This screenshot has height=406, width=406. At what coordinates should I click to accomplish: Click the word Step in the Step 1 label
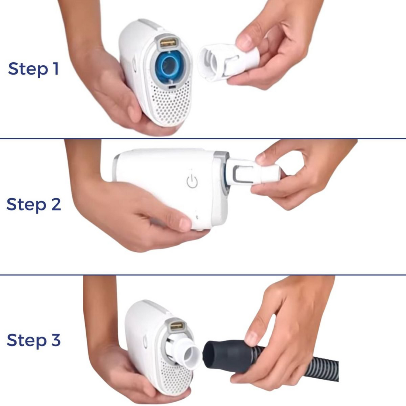pyautogui.click(x=28, y=69)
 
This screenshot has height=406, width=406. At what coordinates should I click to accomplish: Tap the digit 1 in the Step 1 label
pyautogui.click(x=55, y=69)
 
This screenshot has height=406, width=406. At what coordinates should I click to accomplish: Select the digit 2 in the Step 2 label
pyautogui.click(x=56, y=204)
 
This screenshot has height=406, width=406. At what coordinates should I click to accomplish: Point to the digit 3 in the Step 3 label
pyautogui.click(x=56, y=340)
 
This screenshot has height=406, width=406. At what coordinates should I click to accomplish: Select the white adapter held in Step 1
pyautogui.click(x=225, y=61)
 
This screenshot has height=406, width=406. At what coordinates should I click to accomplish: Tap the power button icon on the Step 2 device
pyautogui.click(x=192, y=181)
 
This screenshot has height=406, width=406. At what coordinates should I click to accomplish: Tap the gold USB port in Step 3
pyautogui.click(x=176, y=326)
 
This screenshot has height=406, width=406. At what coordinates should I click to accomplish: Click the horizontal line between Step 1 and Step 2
pyautogui.click(x=203, y=138)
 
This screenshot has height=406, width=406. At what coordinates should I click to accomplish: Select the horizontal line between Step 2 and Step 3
pyautogui.click(x=203, y=275)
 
